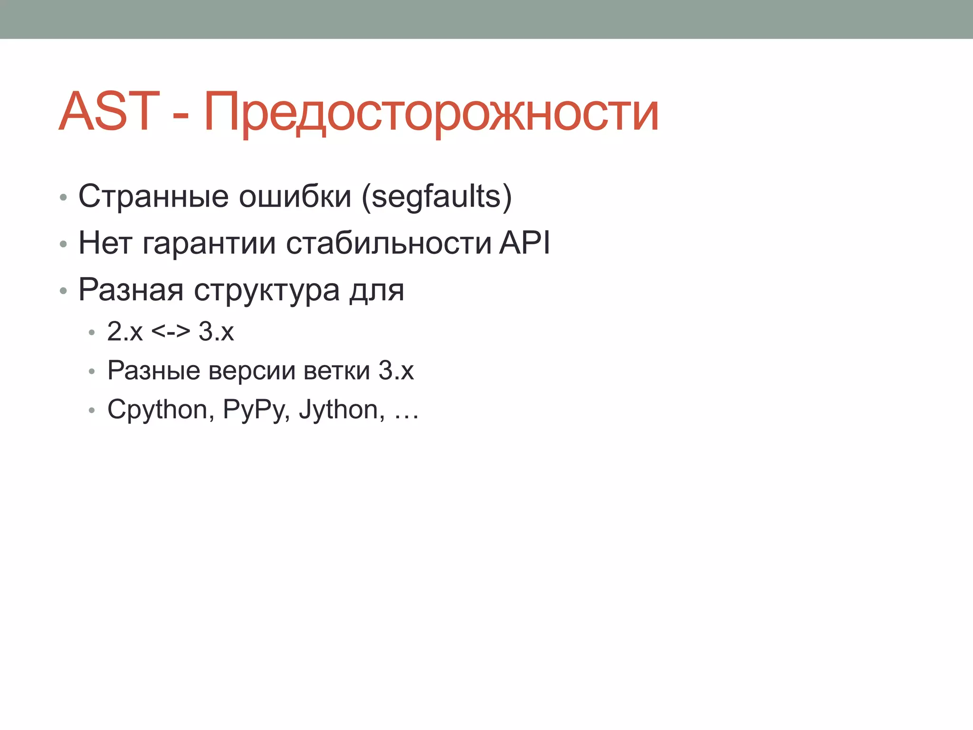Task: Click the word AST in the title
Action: (x=109, y=112)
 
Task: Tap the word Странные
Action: (x=153, y=196)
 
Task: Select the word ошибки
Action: (x=295, y=196)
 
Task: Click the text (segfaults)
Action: (x=437, y=196)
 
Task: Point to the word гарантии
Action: (x=209, y=243)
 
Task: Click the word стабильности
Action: (x=388, y=243)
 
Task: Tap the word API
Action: (x=524, y=242)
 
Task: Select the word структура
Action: (x=267, y=290)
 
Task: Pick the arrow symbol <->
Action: (x=171, y=331)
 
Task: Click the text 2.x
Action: (x=124, y=331)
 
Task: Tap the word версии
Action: (x=251, y=370)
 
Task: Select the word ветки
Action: (x=336, y=370)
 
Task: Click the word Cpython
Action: (x=157, y=410)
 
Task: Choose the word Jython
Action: (x=338, y=410)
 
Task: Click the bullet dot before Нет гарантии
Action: (x=63, y=244)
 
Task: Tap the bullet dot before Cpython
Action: (x=92, y=410)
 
